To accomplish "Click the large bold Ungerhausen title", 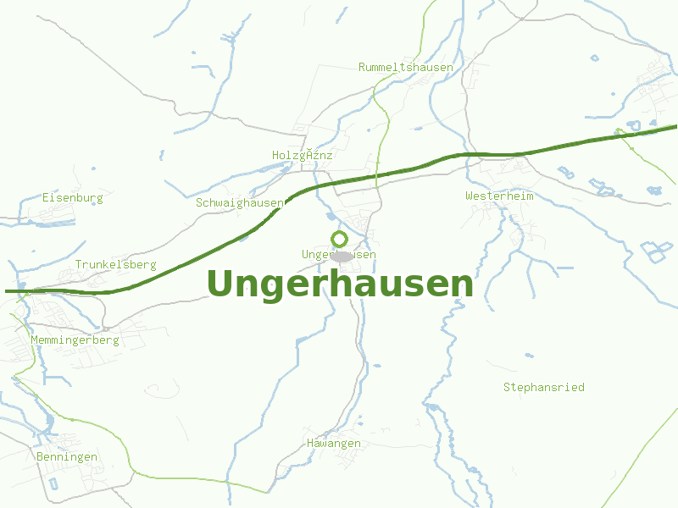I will (x=339, y=284).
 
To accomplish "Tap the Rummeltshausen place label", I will (x=405, y=67).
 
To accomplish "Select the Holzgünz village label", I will (x=303, y=155).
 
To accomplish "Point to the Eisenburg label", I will (x=73, y=197).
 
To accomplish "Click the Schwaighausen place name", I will (x=239, y=202).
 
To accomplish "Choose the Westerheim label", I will (x=499, y=196).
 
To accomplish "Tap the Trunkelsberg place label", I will (x=115, y=264).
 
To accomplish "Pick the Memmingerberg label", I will (x=75, y=340).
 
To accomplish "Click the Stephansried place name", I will (x=543, y=387).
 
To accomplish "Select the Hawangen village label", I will (x=333, y=443).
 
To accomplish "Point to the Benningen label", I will (x=67, y=456).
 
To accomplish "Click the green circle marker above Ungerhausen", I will (x=339, y=239).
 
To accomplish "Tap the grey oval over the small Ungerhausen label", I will (x=342, y=256).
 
